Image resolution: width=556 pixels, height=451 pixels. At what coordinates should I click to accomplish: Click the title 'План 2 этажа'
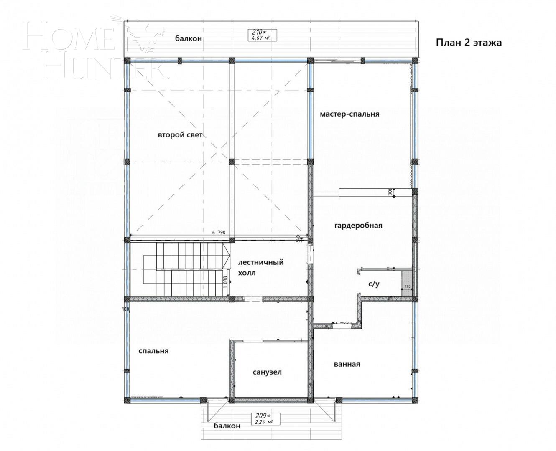(x=469, y=43)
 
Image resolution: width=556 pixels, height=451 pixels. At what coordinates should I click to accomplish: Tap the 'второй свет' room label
(x=180, y=135)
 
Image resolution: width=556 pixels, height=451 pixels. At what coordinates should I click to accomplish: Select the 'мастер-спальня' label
(x=349, y=114)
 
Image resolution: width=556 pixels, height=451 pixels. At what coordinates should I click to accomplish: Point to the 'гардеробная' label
(x=358, y=225)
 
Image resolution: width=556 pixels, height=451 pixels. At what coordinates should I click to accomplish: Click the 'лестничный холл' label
(x=260, y=268)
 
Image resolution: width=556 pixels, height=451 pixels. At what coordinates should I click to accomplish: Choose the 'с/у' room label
(x=374, y=284)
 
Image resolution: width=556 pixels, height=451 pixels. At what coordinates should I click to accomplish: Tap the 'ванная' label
(x=347, y=364)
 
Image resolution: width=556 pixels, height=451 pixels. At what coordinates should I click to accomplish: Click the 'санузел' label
(x=267, y=372)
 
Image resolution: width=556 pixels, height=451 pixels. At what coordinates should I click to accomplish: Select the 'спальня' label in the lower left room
(x=153, y=351)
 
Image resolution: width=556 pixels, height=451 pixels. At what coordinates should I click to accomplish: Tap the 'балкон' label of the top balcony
(x=189, y=38)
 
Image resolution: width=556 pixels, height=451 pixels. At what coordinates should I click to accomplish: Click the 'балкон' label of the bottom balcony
(x=227, y=426)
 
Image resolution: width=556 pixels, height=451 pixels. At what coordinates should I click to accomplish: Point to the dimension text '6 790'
(x=219, y=232)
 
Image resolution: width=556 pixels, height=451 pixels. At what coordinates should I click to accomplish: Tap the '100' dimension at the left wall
(x=125, y=309)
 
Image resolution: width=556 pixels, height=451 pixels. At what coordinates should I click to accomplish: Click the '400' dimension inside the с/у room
(x=407, y=287)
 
